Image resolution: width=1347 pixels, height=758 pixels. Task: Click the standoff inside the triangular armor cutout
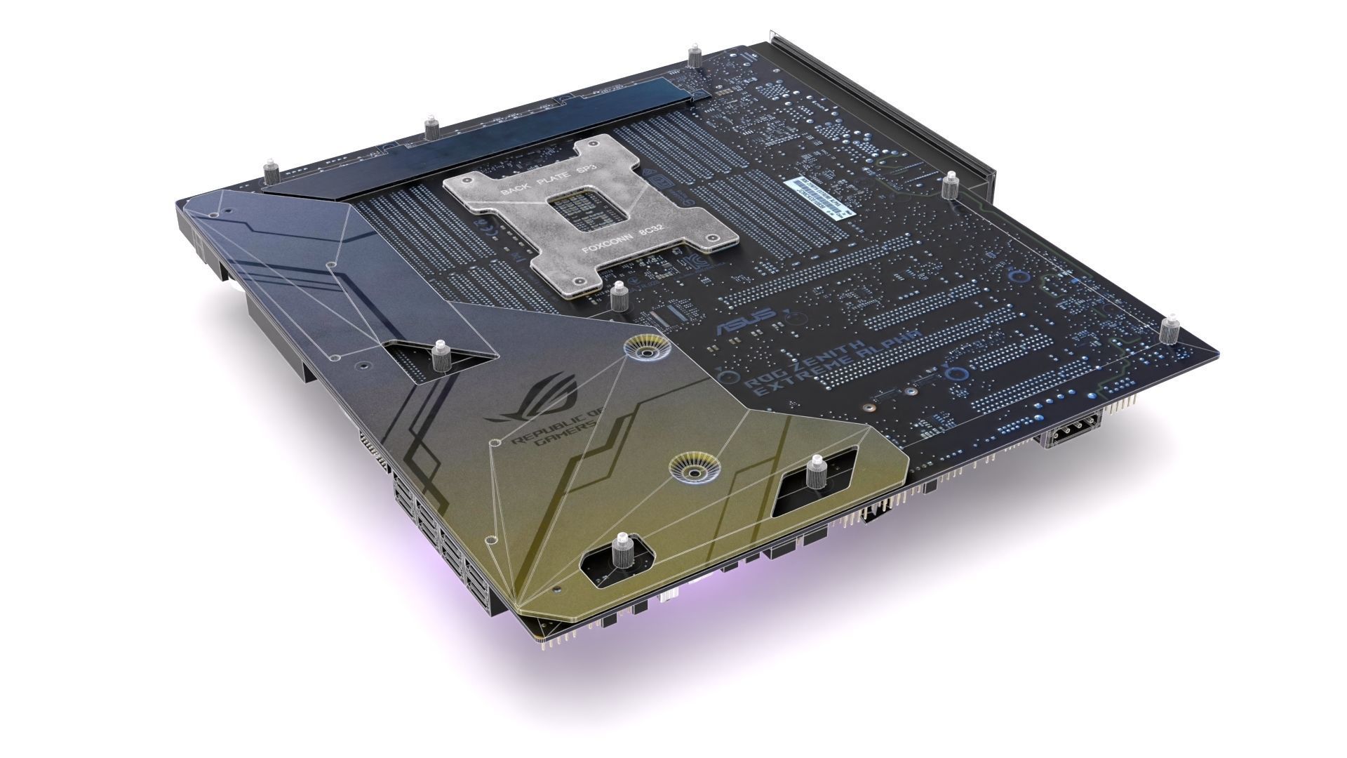(441, 356)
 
